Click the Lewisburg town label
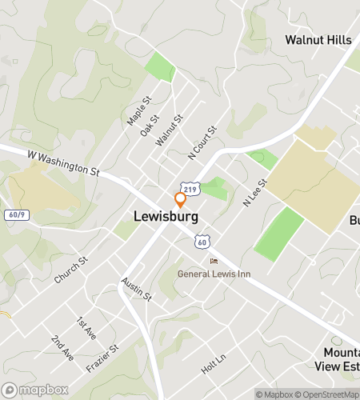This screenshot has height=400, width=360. point(166,216)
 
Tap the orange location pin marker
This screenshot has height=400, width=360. point(181,199)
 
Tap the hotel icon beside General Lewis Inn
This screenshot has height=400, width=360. point(214,262)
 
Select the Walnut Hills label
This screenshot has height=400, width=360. point(318,39)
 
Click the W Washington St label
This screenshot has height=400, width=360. point(63,159)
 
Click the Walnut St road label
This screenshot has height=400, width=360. point(169,129)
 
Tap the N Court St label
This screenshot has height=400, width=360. point(202,141)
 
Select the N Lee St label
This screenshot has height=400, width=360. point(254,193)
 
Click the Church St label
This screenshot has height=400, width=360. point(70,270)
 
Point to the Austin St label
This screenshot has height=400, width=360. point(136,289)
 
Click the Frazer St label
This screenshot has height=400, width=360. point(102,359)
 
